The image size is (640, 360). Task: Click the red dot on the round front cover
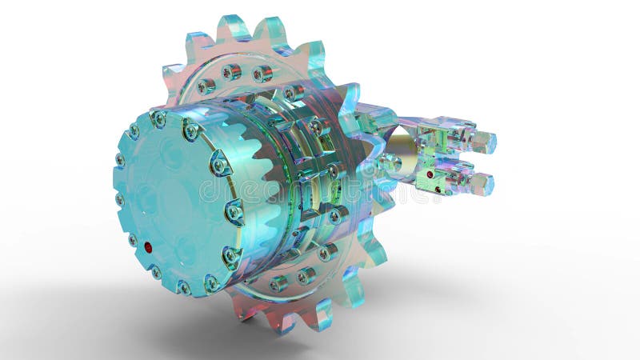[149, 248]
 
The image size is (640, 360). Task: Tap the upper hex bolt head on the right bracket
[483, 142]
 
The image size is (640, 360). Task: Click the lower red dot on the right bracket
[430, 174]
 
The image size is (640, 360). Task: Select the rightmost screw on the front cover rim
[234, 212]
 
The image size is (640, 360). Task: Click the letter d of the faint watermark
[207, 190]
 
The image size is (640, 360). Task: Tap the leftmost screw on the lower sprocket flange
[278, 282]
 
